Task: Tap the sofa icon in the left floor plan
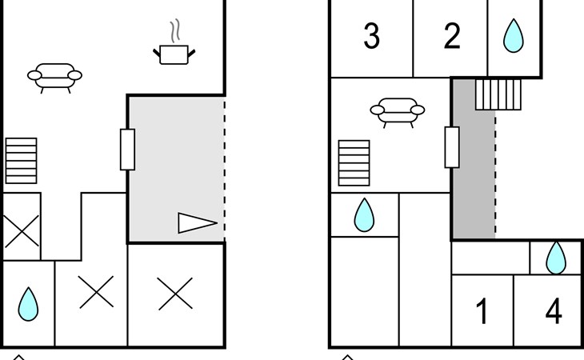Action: point(54,78)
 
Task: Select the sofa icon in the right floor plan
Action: point(398,113)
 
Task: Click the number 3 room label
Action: point(371,36)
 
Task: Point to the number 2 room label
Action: point(452,36)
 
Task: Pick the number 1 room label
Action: point(482,311)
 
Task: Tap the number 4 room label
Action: point(554,311)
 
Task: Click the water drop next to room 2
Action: point(514,35)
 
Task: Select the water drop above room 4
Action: point(556,258)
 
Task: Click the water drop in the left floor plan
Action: point(28,304)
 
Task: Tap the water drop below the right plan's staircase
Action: point(364,215)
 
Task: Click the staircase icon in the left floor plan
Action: point(22,161)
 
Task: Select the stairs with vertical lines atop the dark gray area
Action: point(498,94)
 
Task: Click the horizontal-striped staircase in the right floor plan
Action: point(354,162)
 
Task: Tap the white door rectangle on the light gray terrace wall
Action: point(127,150)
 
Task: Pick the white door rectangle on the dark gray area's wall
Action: point(452,147)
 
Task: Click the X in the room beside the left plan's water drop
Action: point(96,292)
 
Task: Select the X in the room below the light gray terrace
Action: point(175,294)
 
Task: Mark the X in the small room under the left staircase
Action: point(22,231)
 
